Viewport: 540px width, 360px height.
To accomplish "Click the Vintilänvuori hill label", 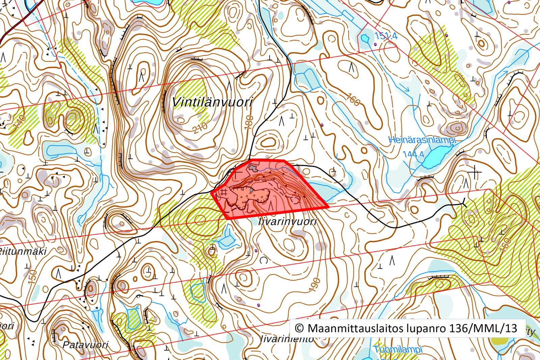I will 212,102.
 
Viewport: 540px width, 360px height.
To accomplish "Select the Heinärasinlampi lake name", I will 422,140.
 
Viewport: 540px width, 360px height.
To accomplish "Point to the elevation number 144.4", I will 413,155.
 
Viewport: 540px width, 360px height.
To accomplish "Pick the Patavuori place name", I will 85,344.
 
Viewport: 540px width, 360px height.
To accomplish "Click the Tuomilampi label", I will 398,350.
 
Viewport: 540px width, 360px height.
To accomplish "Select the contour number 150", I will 33,276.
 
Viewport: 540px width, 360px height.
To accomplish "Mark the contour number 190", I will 313,285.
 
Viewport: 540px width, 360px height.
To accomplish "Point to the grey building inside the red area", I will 253,166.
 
